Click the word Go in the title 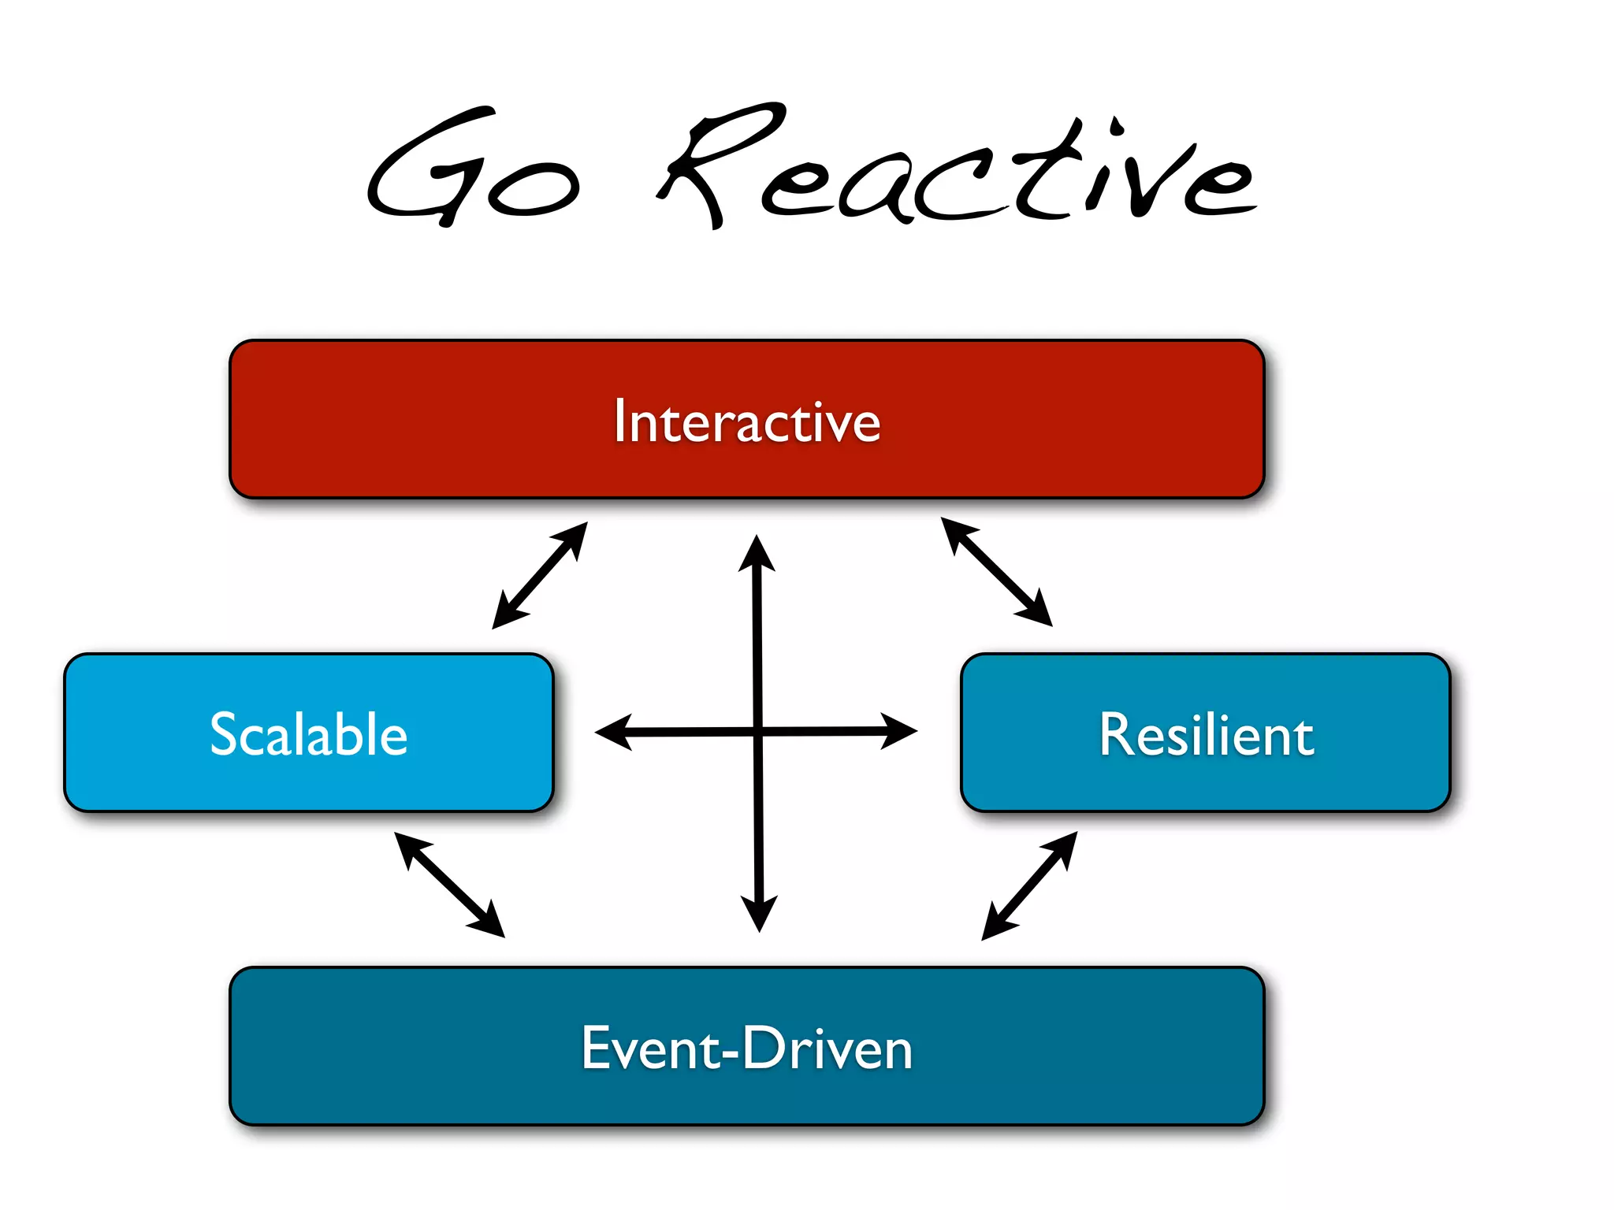(473, 169)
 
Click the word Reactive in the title (958, 169)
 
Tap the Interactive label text (746, 421)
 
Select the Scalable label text (309, 734)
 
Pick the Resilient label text (1206, 734)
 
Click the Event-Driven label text (746, 1048)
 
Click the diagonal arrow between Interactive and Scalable (540, 575)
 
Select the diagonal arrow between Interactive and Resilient (997, 572)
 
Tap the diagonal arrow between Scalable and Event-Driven (449, 885)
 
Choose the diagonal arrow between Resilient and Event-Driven (1029, 886)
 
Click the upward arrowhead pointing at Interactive (757, 551)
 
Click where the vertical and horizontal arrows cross (758, 732)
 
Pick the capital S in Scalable (225, 734)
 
